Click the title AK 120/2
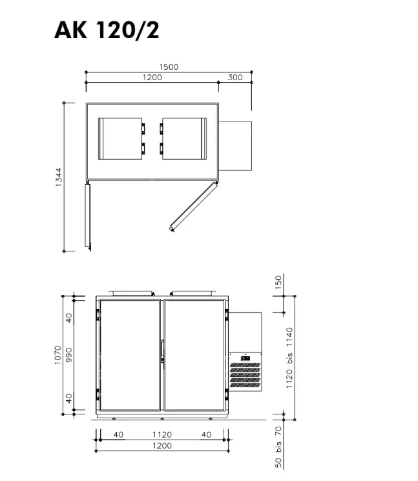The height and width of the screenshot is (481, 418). click(107, 30)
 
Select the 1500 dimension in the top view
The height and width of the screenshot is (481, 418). click(169, 67)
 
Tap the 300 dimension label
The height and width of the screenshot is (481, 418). click(235, 78)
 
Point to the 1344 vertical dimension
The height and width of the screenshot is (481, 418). click(59, 177)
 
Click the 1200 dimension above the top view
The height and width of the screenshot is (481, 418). click(152, 78)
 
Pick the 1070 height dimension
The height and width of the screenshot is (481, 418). click(57, 355)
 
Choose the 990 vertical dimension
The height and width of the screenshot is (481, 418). click(69, 355)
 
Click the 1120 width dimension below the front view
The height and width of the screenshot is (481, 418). click(162, 434)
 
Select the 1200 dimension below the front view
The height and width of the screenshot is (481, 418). click(162, 445)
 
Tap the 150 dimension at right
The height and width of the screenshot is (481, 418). click(278, 283)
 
